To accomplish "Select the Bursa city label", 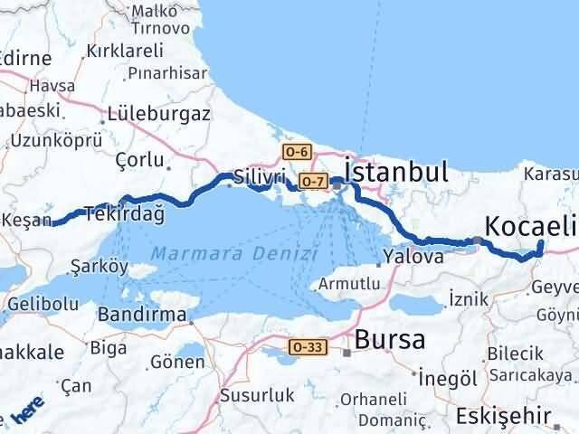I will click(390, 340).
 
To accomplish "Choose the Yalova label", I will click(412, 257).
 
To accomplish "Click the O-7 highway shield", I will click(313, 183).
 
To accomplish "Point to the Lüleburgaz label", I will click(158, 115).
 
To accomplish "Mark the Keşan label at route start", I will click(28, 219).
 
